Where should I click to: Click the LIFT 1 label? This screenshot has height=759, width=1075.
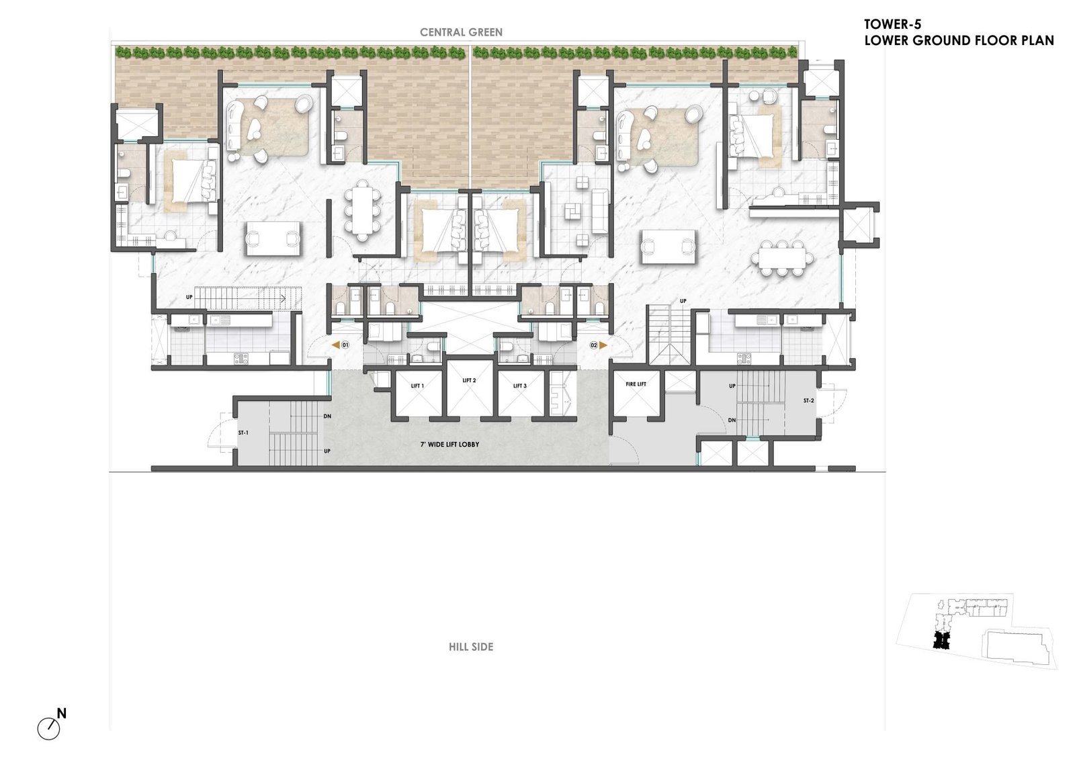tap(417, 386)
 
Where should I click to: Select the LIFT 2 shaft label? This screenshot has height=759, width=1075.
tap(469, 380)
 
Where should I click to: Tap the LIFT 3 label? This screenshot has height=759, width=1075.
tap(520, 386)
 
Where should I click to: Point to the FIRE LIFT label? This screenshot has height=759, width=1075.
tap(636, 384)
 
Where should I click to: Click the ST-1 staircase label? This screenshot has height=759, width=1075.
tap(243, 433)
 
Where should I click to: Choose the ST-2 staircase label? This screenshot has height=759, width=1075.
tap(809, 400)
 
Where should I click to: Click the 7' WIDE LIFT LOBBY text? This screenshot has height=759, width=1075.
tap(449, 444)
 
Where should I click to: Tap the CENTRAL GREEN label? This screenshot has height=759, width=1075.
tap(461, 32)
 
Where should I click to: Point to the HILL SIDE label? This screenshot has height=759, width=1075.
tap(471, 647)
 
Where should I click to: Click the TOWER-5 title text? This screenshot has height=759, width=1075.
tap(893, 24)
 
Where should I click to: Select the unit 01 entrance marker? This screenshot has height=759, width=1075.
tap(341, 345)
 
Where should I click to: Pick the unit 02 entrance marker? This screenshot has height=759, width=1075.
tap(598, 345)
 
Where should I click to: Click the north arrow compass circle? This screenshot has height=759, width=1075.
tap(48, 729)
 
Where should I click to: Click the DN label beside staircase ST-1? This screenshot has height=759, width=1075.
tap(327, 416)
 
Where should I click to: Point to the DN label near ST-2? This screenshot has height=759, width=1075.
tap(732, 420)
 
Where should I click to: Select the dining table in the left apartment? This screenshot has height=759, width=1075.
tap(362, 210)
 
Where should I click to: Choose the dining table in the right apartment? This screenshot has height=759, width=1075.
tap(782, 258)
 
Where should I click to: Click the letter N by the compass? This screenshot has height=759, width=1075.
tap(61, 713)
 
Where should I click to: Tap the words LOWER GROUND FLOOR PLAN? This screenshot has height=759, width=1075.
tap(959, 41)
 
